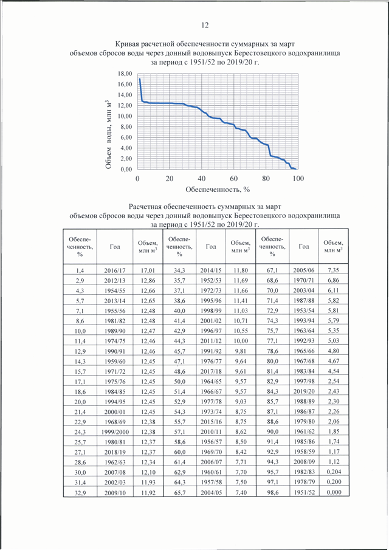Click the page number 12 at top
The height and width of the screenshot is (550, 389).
205,26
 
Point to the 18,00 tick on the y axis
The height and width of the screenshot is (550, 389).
125,74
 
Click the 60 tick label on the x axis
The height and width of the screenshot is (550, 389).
233,179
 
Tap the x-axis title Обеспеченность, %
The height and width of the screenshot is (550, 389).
218,190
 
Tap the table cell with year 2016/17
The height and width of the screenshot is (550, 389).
115,270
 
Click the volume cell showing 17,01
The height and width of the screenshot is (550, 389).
148,270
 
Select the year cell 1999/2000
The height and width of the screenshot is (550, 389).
115,431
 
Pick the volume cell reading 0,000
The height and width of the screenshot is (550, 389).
334,492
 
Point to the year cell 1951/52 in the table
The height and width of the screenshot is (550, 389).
304,492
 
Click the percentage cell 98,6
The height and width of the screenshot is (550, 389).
272,492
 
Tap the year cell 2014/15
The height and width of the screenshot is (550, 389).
211,270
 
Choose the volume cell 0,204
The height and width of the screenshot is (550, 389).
334,472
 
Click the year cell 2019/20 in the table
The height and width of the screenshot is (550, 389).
304,391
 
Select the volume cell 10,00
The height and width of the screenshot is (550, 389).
241,341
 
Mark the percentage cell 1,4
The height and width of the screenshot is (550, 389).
80,271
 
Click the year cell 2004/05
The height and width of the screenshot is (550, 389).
211,492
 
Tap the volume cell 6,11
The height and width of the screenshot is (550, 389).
333,290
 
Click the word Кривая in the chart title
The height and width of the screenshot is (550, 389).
126,44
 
